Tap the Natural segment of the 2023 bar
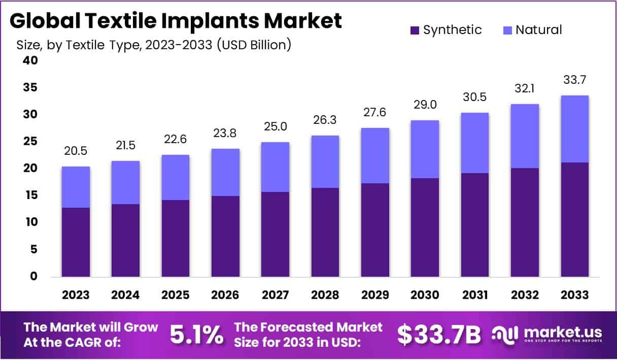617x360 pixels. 76,187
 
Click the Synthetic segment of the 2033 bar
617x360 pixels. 575,219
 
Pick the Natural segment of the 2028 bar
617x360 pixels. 325,161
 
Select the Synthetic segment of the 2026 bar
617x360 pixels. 226,236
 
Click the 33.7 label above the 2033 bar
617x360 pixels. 575,80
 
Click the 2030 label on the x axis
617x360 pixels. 425,295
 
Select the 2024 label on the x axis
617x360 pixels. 126,295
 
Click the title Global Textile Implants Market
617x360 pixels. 176,21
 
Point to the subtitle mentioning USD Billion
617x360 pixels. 154,45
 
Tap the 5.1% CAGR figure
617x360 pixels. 196,334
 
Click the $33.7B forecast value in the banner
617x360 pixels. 438,334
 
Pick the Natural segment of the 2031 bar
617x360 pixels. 475,143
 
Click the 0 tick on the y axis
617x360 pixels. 33,276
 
